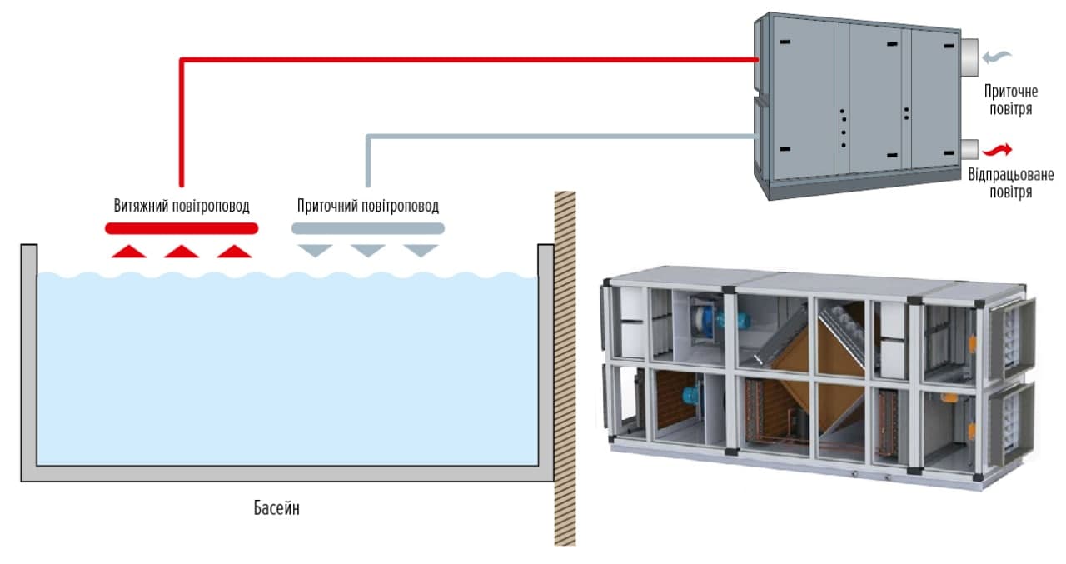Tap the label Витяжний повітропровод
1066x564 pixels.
click(182, 206)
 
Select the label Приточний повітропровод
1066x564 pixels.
click(368, 206)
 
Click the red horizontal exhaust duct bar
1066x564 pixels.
click(182, 227)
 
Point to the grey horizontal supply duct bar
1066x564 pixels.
click(368, 227)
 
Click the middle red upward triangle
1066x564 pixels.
click(182, 252)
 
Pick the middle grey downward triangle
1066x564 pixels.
click(367, 250)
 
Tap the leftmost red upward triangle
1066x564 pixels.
click(128, 252)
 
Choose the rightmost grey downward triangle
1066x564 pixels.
click(421, 250)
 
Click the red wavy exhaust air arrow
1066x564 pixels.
click(998, 150)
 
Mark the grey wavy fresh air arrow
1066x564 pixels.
click(998, 57)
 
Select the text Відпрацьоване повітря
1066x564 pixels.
click(1011, 183)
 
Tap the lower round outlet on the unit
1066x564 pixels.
click(969, 150)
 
